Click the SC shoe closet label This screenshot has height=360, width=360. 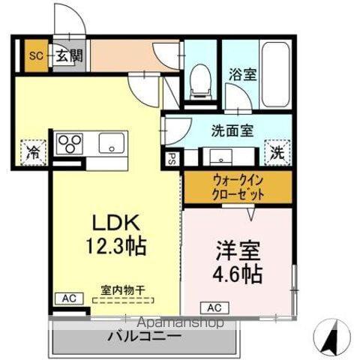tap(35, 55)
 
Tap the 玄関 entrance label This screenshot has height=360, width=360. tap(67, 55)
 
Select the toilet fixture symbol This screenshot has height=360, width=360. tap(199, 79)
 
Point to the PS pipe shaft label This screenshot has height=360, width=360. tap(171, 159)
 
